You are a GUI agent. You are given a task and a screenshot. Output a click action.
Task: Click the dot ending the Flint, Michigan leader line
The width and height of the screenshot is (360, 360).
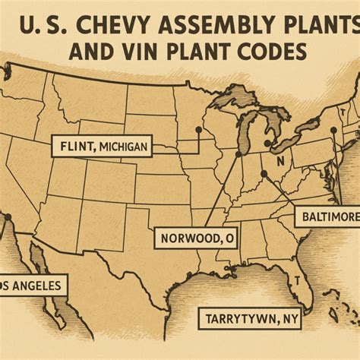click(x=198, y=130)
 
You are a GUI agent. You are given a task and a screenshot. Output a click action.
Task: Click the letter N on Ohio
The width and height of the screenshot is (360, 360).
click(x=280, y=161)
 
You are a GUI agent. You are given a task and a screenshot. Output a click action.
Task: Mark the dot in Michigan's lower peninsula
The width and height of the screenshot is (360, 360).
click(x=267, y=141)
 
